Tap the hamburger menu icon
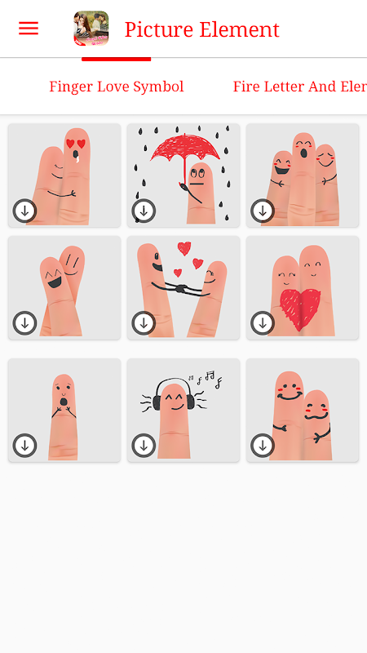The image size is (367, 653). coord(29,29)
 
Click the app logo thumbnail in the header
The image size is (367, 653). coord(91,29)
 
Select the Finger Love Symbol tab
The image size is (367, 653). coord(117,87)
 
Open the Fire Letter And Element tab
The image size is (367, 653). coord(299,87)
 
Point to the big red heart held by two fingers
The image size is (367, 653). coord(300,309)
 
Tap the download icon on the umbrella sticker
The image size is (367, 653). coord(144,211)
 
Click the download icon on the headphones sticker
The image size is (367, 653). coord(144,446)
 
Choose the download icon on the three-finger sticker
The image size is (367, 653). coord(263,211)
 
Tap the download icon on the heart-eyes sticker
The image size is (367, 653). coord(25,211)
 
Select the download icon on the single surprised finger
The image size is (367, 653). coord(25,446)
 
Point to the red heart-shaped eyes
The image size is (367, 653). coord(76,144)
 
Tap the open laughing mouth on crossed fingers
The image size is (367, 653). coord(55,282)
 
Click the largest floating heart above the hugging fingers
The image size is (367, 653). coord(184,248)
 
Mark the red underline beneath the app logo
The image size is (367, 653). coord(116,59)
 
